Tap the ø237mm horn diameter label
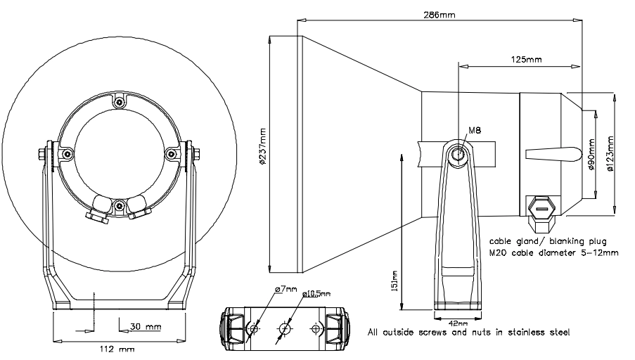[x=262, y=148]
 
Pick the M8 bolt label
[x=476, y=130]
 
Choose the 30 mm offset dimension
[x=144, y=327]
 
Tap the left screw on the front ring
[x=68, y=153]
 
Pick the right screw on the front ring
[x=171, y=153]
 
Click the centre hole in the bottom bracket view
[x=285, y=328]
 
